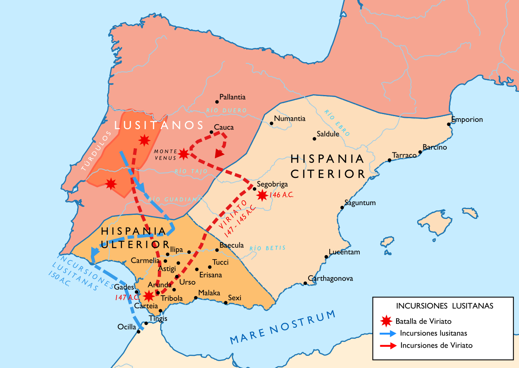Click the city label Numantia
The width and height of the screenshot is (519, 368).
click(290, 119)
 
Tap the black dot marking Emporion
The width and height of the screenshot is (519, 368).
click(449, 124)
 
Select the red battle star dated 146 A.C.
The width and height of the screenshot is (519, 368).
click(262, 195)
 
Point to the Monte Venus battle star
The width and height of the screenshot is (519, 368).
click(184, 154)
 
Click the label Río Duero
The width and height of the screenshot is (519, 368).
click(226, 110)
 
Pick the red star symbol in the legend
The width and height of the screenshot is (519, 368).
click(387, 321)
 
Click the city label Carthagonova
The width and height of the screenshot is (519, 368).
click(330, 279)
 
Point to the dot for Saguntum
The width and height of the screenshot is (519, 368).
click(342, 208)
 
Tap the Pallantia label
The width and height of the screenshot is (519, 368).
click(232, 97)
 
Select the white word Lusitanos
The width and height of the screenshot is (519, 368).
click(159, 125)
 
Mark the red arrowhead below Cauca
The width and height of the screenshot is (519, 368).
click(219, 154)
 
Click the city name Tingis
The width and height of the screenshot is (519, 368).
click(158, 318)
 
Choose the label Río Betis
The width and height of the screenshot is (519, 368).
click(268, 248)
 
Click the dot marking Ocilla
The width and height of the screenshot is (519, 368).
click(139, 331)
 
